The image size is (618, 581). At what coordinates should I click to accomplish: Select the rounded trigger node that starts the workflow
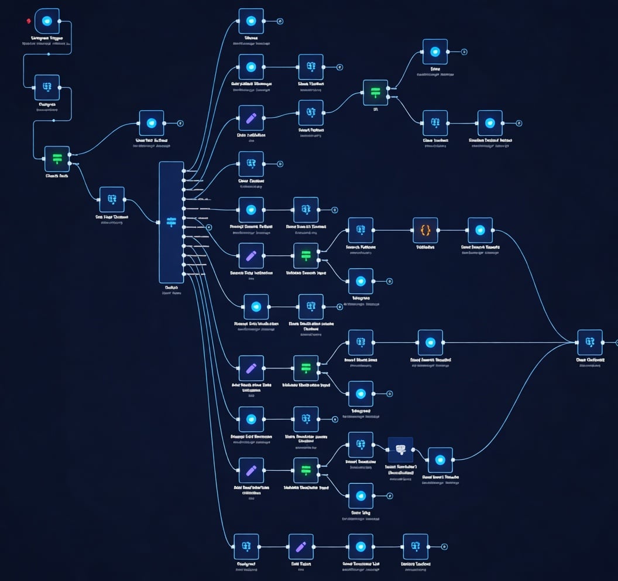tap(47, 21)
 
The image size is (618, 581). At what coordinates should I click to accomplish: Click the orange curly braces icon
tap(425, 230)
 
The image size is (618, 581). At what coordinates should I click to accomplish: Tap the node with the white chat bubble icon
tap(400, 449)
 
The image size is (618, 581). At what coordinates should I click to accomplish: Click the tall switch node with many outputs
tap(171, 222)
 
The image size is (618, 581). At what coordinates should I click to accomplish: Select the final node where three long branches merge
tap(589, 342)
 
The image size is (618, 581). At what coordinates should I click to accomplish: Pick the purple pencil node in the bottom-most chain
tap(301, 546)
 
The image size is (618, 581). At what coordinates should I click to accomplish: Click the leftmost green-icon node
tap(57, 159)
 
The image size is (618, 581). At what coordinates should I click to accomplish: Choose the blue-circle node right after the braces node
tap(480, 230)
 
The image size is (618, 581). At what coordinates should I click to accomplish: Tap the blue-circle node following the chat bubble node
tap(440, 460)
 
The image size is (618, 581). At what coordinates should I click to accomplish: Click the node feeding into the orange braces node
tap(360, 230)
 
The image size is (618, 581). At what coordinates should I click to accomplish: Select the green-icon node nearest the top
tap(375, 93)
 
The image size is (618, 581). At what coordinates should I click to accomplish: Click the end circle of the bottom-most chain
tap(444, 546)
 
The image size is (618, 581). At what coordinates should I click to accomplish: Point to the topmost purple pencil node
tap(251, 118)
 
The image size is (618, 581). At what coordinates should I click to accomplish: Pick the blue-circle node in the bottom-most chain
tap(360, 546)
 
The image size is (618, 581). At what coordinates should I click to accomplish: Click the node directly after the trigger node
tap(47, 87)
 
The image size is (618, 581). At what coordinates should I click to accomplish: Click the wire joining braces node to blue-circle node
tap(452, 230)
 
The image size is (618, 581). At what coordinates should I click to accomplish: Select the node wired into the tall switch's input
tap(112, 199)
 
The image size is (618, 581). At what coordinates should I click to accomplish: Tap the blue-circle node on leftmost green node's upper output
tap(152, 123)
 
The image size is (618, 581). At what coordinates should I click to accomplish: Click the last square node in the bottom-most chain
tap(416, 546)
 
